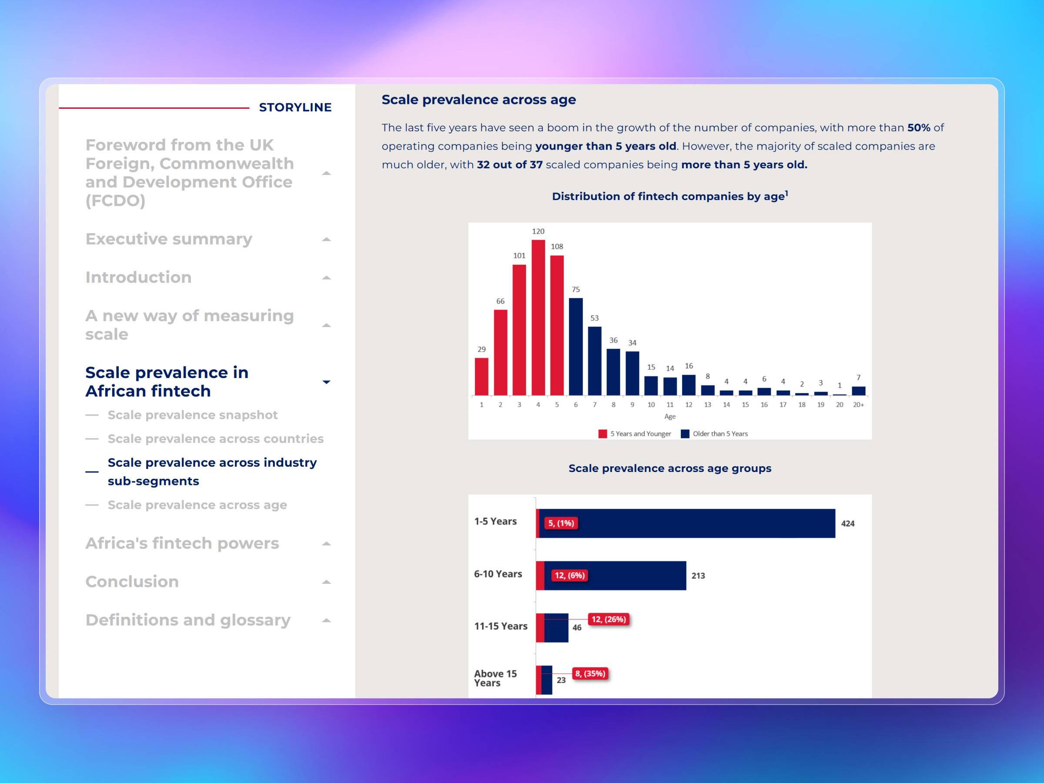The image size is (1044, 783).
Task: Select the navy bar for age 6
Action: click(576, 346)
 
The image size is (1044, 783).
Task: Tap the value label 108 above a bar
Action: click(557, 246)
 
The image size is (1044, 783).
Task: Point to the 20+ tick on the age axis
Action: click(858, 405)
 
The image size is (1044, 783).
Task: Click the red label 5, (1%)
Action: click(561, 523)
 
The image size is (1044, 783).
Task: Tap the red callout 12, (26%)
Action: click(609, 619)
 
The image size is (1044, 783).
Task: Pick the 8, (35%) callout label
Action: click(590, 673)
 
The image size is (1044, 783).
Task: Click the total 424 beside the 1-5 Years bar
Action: click(848, 523)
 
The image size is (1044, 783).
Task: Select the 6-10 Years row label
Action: click(498, 574)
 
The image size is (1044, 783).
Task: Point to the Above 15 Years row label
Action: click(495, 678)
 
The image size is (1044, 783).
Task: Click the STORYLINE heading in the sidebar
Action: click(295, 107)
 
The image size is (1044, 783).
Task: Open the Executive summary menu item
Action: click(168, 239)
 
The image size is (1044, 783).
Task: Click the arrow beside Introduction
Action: click(326, 278)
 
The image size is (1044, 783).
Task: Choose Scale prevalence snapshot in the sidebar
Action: click(192, 415)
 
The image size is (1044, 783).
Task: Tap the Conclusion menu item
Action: click(132, 582)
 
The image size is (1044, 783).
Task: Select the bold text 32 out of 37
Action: click(509, 165)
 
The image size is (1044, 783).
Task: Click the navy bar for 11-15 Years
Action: click(556, 628)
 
